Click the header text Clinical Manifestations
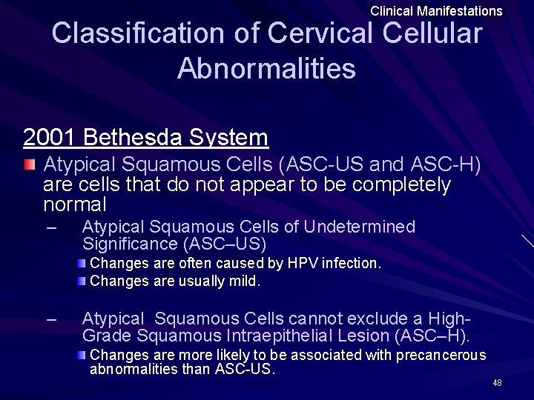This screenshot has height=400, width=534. pos(436,11)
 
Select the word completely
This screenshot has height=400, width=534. pos(395,184)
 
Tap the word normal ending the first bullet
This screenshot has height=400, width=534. pos(75,203)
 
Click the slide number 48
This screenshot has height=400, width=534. pos(497,382)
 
